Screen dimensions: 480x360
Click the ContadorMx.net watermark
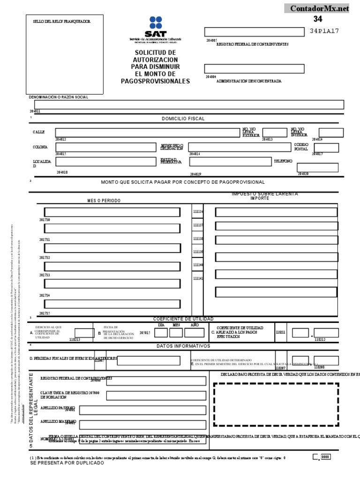320,8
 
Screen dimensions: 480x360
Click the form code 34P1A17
324,31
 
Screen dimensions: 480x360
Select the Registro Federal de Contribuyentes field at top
254,32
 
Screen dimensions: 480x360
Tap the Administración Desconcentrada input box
254,69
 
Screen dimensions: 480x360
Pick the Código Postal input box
329,148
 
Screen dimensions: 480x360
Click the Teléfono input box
318,167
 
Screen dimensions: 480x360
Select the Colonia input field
105,147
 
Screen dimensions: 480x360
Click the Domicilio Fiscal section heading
183,119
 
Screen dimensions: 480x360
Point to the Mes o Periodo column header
104,201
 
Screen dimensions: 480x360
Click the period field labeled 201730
112,212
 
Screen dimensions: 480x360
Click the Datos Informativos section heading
183,346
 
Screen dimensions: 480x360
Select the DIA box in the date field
161,333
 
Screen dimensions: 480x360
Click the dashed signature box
276,405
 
